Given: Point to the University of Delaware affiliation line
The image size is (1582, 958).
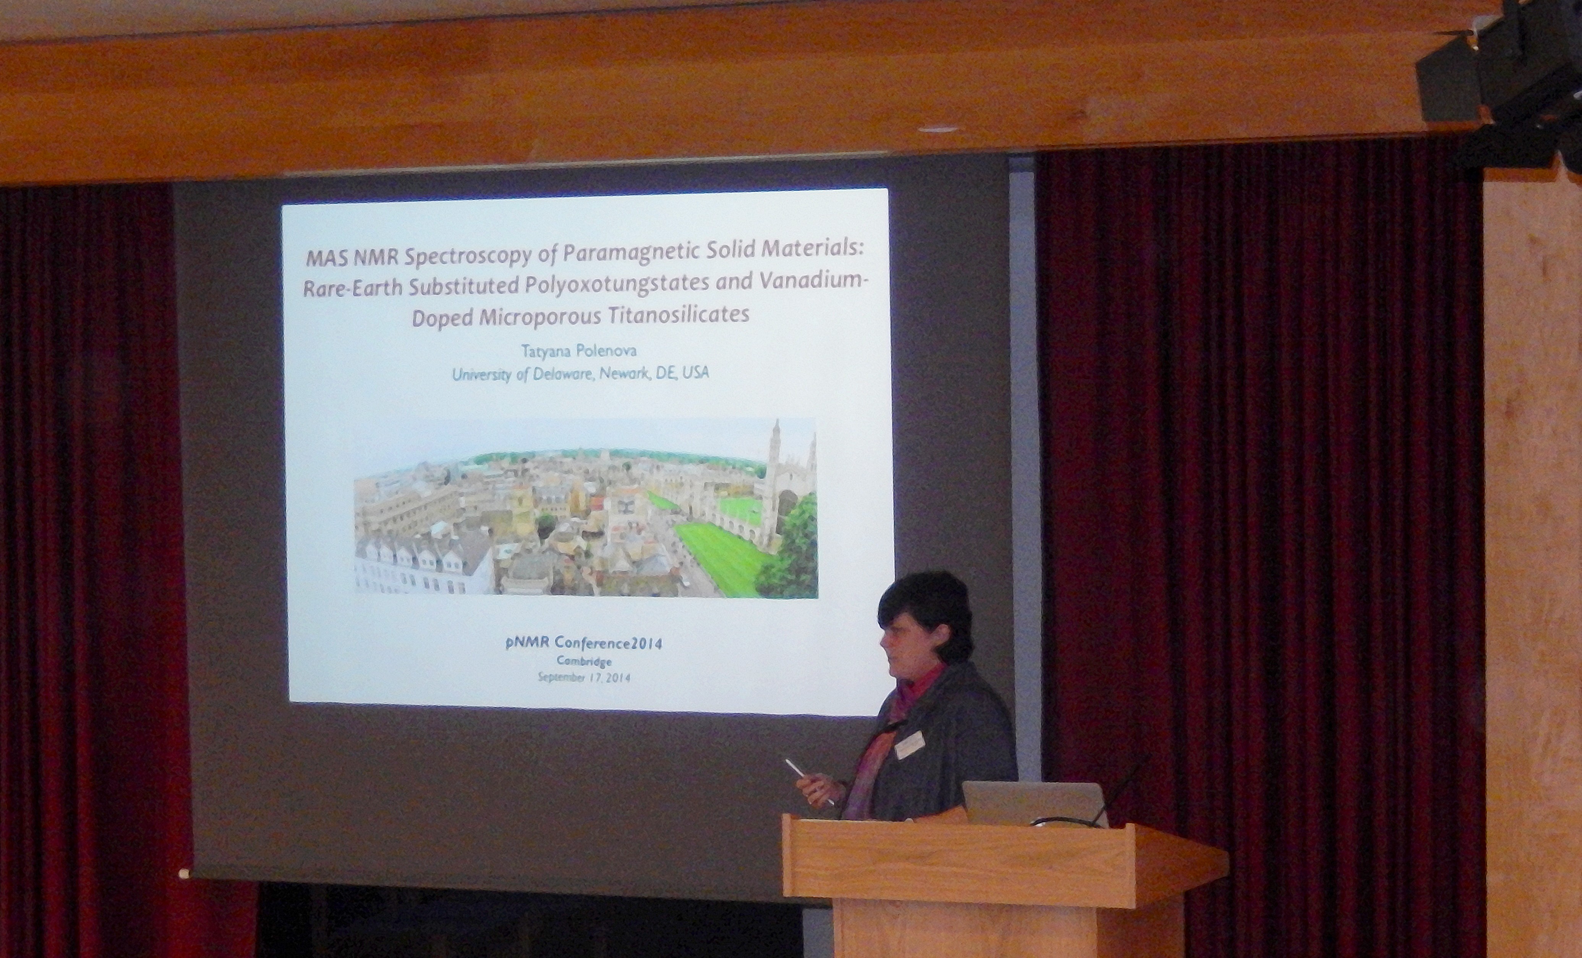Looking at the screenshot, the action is (x=580, y=374).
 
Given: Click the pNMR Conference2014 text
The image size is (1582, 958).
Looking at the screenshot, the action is (x=584, y=643).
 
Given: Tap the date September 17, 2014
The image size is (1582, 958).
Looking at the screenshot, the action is (x=584, y=677).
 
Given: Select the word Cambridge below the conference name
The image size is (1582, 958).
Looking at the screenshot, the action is (x=584, y=661).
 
